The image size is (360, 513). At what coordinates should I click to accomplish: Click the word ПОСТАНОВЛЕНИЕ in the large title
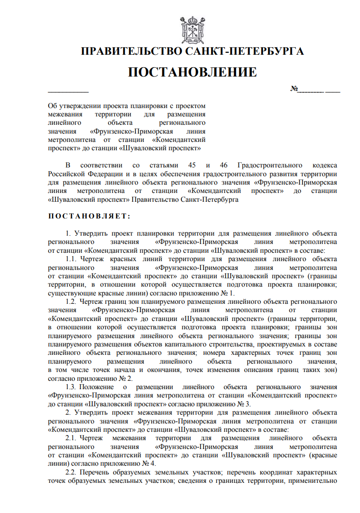[192, 72]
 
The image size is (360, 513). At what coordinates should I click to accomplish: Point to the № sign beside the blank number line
[294, 89]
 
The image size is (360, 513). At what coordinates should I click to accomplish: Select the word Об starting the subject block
[53, 106]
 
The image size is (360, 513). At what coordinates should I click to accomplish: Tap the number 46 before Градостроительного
[221, 166]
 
